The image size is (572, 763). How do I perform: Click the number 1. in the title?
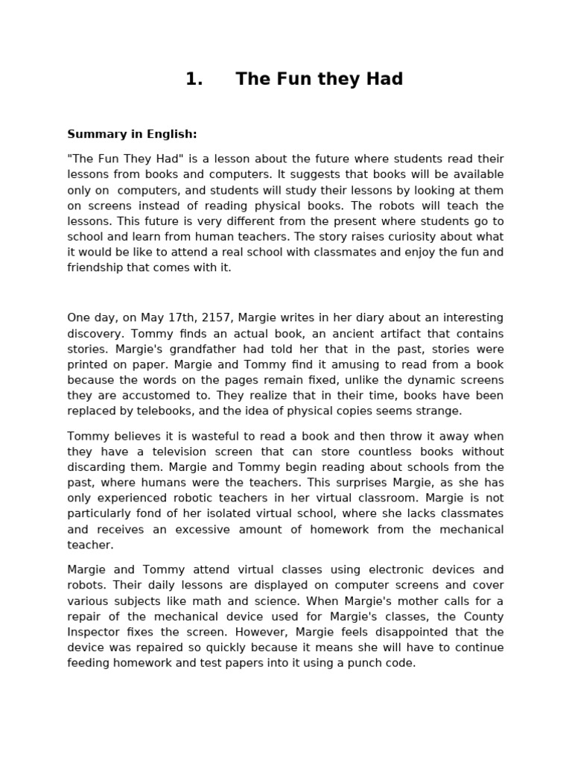[x=194, y=80]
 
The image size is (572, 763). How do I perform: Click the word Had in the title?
[x=386, y=80]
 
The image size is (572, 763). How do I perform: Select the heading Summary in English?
[x=132, y=134]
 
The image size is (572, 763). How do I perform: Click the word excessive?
[x=208, y=530]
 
